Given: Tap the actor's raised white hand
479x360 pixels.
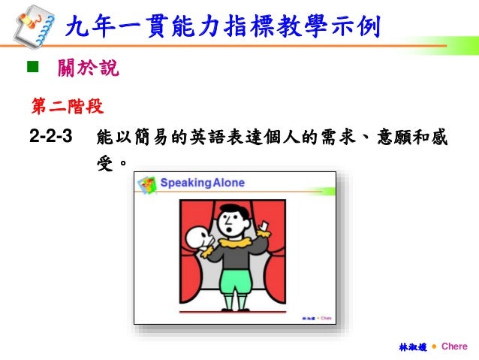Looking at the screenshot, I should (x=265, y=223).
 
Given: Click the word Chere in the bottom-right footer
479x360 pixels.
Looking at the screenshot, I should (x=454, y=346).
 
